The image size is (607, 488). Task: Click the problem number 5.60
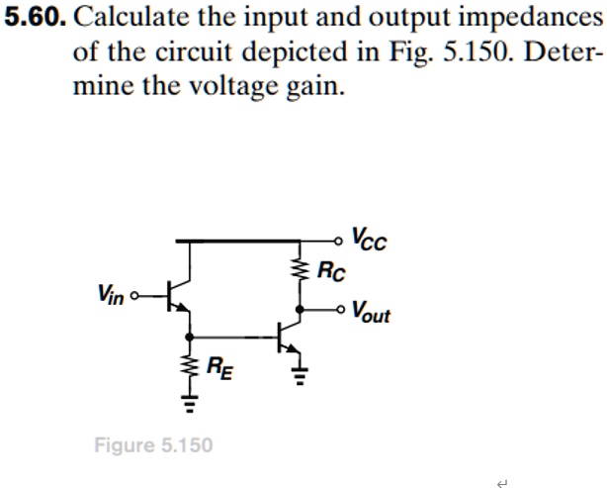(x=34, y=20)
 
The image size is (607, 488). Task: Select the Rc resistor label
(x=332, y=271)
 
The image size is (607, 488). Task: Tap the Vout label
(x=371, y=313)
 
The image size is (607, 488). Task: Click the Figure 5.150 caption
(x=153, y=444)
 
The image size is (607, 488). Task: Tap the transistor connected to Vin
(x=178, y=295)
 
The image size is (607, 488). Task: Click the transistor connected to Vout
(x=291, y=337)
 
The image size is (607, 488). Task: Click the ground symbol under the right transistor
(x=299, y=376)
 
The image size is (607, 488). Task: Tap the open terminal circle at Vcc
(x=340, y=240)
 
